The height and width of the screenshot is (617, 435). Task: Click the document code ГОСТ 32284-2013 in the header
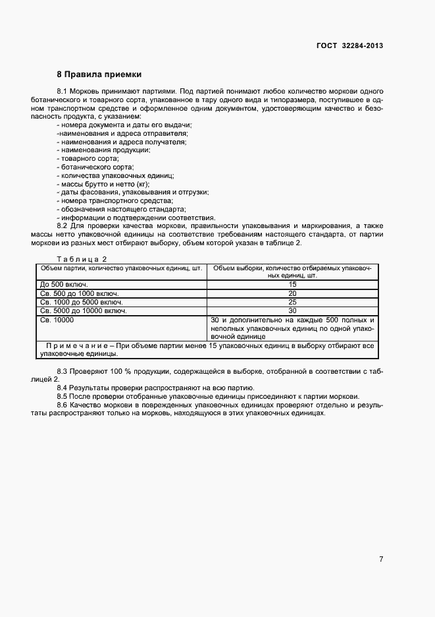[x=350, y=45]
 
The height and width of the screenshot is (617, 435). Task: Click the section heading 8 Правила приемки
[x=99, y=74]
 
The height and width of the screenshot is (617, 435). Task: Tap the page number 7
[x=381, y=559]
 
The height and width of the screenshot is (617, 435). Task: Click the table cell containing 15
[x=292, y=284]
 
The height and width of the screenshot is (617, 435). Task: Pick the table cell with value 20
[x=292, y=293]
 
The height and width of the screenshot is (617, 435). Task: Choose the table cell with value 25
[x=292, y=301]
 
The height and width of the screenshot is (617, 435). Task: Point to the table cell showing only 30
[x=292, y=310]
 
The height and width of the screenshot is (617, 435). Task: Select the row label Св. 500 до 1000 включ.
[x=78, y=293]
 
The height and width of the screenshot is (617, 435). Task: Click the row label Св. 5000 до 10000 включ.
[x=83, y=310]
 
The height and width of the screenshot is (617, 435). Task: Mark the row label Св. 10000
[x=57, y=319]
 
